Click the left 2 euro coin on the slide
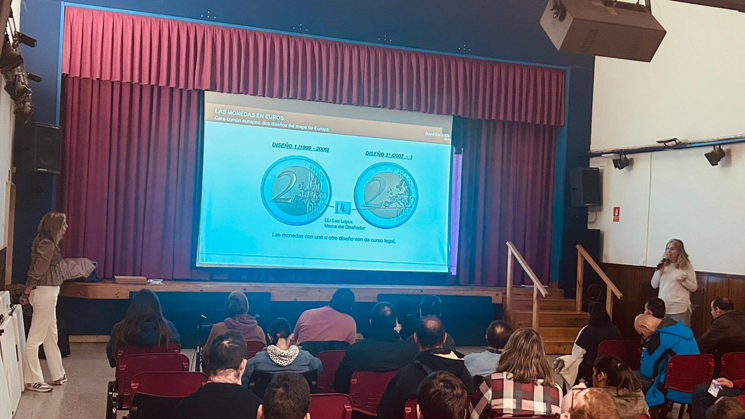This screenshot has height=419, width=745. [x=296, y=190]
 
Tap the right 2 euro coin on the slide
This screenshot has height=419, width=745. [x=386, y=195]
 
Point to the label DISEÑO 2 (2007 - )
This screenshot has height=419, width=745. [x=389, y=154]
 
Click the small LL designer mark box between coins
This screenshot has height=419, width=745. [x=342, y=207]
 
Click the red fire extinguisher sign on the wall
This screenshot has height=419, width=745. [x=616, y=214]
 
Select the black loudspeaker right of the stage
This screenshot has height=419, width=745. [x=585, y=186]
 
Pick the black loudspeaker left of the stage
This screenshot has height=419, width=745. [x=38, y=148]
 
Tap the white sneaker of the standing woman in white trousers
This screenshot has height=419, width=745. [x=40, y=386]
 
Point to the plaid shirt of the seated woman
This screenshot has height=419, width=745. [x=517, y=397]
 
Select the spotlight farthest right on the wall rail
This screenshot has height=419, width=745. [x=715, y=155]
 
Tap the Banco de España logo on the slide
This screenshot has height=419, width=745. [x=437, y=134]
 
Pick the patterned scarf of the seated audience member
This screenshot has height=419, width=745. [x=283, y=355]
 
